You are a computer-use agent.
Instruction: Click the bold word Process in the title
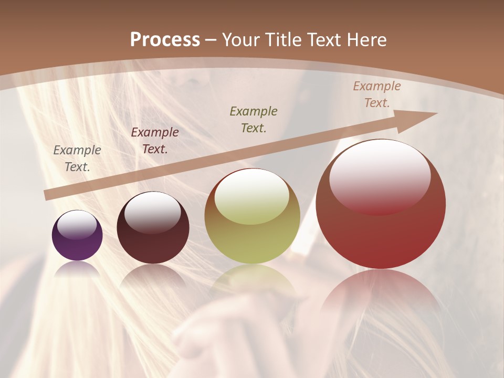165,40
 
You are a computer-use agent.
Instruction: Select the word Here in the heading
366,40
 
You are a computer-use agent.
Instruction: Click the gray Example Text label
77,159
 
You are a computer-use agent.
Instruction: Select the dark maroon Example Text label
155,141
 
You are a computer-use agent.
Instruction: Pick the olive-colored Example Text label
254,119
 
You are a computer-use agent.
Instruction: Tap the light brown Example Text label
376,94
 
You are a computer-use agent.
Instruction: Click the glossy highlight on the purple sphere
77,225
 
